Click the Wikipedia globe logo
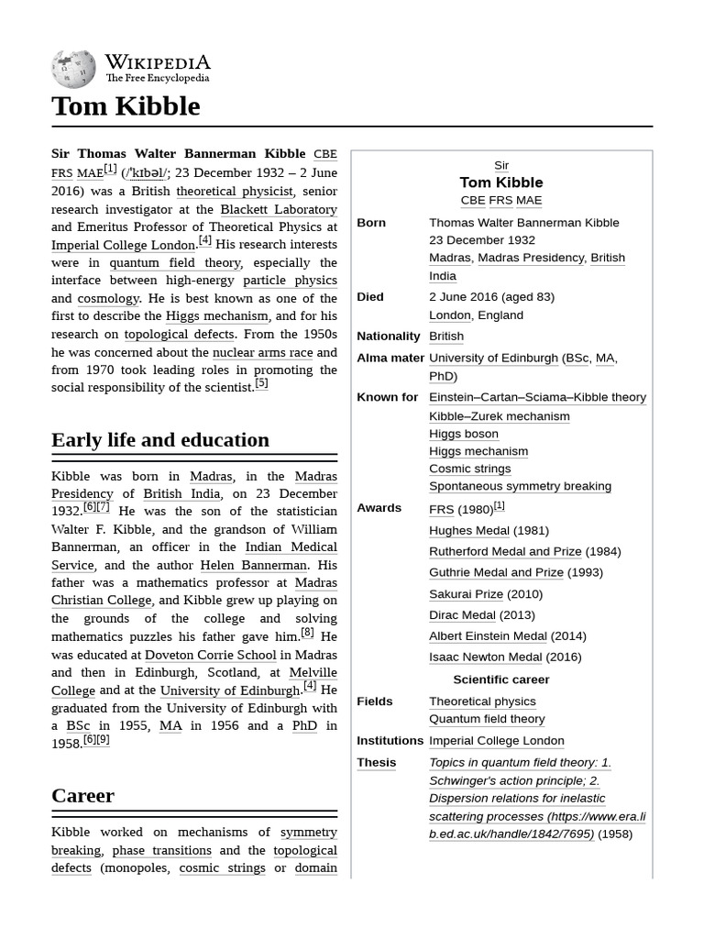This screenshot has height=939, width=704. pos(73,69)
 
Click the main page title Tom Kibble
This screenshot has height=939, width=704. pos(126,106)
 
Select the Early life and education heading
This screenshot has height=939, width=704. pos(160,440)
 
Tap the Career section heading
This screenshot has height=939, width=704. pos(83,796)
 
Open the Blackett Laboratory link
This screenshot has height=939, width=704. pos(278,209)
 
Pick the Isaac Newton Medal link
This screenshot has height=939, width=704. pos(485,657)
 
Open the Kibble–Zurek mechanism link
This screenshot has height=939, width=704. pos(499,415)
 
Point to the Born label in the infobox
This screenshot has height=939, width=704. pos(371,223)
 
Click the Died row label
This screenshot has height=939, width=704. pos(370,297)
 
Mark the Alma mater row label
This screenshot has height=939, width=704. pos(390,358)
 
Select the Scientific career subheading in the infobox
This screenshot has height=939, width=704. pos(500,679)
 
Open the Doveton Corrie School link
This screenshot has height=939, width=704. pos(210,655)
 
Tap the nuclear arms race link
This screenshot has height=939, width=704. pos(262,352)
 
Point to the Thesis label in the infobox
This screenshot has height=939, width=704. pos(377,763)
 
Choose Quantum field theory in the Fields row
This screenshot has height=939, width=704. pos(487,719)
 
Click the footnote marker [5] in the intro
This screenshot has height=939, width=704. pos(261,384)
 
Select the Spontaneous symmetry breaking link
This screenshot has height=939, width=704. pos(520,486)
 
